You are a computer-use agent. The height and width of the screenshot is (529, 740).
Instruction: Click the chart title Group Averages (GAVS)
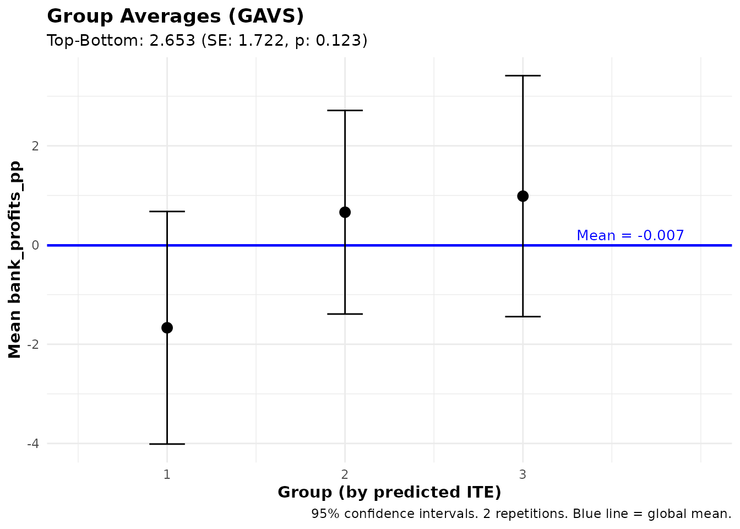pyautogui.click(x=175, y=17)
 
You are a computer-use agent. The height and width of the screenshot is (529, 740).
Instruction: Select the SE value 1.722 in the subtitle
pyautogui.click(x=259, y=41)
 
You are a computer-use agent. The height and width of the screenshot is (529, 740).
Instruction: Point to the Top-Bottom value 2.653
pyautogui.click(x=172, y=41)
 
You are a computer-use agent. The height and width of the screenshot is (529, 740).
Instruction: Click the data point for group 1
pyautogui.click(x=167, y=328)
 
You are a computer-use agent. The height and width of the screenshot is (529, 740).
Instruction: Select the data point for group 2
pyautogui.click(x=345, y=212)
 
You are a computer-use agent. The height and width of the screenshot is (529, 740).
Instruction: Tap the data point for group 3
pyautogui.click(x=523, y=196)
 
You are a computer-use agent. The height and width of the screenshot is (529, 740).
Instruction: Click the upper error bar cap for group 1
pyautogui.click(x=167, y=211)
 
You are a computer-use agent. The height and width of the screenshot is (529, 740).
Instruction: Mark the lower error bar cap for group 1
pyautogui.click(x=167, y=444)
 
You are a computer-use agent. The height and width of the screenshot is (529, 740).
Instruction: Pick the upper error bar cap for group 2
pyautogui.click(x=345, y=110)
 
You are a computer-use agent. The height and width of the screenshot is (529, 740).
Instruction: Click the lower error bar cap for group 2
pyautogui.click(x=345, y=314)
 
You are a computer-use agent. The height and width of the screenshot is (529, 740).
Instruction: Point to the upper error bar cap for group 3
pyautogui.click(x=523, y=75)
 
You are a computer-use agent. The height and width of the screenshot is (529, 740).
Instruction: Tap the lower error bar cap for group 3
pyautogui.click(x=523, y=316)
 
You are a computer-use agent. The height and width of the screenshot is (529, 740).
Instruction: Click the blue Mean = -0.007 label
pyautogui.click(x=630, y=236)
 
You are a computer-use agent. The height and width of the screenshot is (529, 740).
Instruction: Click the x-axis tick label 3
pyautogui.click(x=523, y=474)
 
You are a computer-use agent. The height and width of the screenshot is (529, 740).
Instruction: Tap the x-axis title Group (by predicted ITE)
pyautogui.click(x=389, y=492)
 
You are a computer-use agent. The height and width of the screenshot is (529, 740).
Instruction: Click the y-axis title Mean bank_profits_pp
pyautogui.click(x=15, y=260)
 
